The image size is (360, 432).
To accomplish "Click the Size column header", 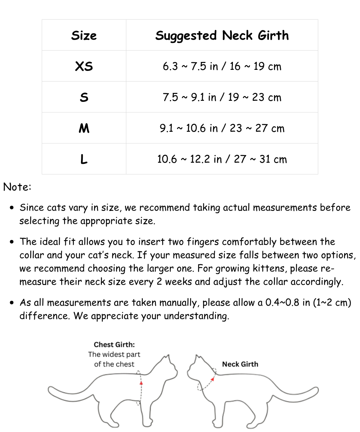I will [84, 35].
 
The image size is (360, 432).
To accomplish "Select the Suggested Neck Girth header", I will [222, 35].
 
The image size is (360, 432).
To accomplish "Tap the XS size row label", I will [84, 66].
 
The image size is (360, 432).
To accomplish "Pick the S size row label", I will [84, 97].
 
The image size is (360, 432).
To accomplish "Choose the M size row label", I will [84, 128].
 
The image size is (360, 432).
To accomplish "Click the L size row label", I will [84, 159].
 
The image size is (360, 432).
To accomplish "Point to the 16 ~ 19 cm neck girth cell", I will [222, 66].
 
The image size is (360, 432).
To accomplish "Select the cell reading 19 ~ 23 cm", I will [222, 97].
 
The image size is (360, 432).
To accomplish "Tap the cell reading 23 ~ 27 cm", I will [222, 128].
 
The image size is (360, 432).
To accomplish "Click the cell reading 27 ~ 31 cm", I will [222, 159].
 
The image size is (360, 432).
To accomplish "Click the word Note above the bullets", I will [17, 187].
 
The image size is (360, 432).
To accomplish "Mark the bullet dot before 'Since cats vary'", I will [13, 208].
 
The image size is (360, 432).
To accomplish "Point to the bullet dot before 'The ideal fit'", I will [13, 242].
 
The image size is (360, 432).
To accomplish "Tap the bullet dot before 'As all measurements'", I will [13, 303].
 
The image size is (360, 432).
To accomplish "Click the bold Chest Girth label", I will [114, 345].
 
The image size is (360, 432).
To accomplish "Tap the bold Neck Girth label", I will [240, 364].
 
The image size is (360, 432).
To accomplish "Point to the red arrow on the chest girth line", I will [141, 383].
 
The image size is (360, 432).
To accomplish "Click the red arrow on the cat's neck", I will [213, 379].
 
